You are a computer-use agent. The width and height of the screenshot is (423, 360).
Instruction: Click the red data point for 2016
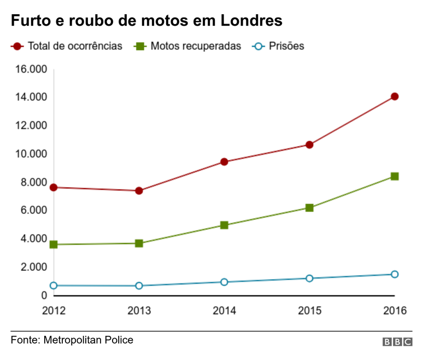pos(395,97)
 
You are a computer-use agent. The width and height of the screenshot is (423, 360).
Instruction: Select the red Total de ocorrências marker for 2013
pos(139,190)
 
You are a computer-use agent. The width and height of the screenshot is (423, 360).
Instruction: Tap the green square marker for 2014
pos(224,225)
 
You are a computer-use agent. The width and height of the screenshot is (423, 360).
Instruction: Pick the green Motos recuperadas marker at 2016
pos(395,176)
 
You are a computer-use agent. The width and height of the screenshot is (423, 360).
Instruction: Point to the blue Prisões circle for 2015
pos(309,278)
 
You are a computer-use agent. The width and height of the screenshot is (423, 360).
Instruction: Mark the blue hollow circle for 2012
pos(54,286)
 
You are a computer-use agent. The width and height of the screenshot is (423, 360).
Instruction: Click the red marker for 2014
pos(224,162)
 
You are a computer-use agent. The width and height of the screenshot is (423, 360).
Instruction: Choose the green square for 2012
pos(54,245)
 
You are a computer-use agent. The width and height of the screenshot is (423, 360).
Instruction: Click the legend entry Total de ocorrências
pos(75,46)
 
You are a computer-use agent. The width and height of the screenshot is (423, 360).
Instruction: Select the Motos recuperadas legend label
pos(196,46)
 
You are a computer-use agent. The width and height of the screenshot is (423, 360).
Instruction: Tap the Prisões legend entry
pos(286,46)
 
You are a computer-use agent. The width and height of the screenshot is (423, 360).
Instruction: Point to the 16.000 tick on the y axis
pos(31,69)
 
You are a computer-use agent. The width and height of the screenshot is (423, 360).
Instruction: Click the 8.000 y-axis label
pos(33,182)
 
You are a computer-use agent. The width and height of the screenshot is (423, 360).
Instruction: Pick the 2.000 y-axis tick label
pos(33,267)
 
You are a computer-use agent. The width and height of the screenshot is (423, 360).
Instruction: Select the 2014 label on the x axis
pos(224,311)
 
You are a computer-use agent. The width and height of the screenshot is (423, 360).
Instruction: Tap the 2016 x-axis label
pos(395,311)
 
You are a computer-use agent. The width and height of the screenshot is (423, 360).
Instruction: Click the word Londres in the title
pos(251,21)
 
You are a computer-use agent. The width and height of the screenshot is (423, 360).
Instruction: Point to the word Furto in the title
pos(30,21)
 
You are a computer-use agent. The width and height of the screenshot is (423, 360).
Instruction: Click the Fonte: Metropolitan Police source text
pos(72,340)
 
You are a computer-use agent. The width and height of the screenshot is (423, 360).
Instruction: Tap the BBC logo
pos(397,341)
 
